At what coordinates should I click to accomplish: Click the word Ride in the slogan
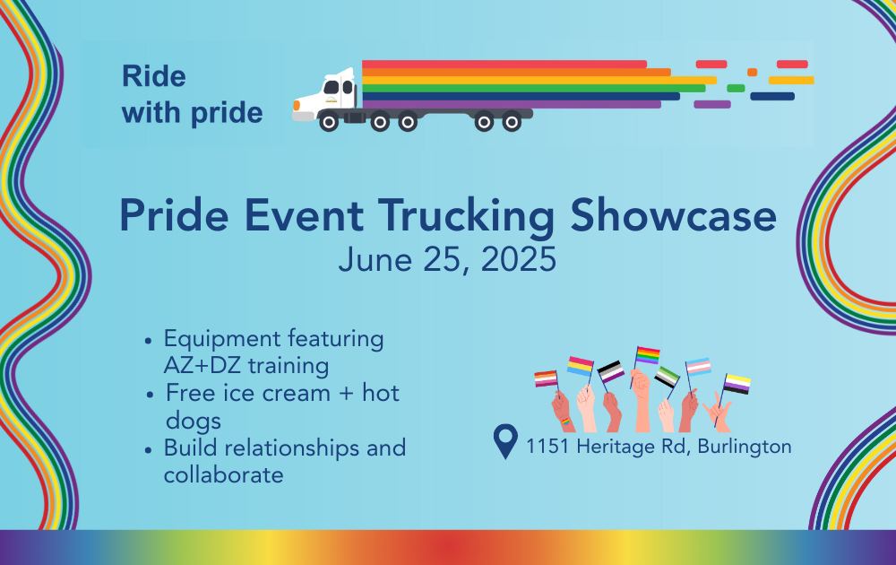[x=154, y=76]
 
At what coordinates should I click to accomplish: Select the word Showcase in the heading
[x=673, y=215]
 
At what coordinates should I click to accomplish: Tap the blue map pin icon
[x=505, y=441]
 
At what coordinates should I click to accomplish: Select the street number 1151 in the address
[x=547, y=446]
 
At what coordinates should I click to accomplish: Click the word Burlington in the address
[x=745, y=447]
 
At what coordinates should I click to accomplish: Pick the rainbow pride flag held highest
[x=648, y=355]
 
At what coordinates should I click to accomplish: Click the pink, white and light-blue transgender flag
[x=698, y=367]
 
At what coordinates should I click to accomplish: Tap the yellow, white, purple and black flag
[x=737, y=384]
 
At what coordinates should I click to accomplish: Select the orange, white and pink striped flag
[x=546, y=378]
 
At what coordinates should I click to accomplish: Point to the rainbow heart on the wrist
[x=565, y=422]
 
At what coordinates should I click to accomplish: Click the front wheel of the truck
[x=329, y=122]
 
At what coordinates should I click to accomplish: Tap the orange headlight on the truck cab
[x=297, y=105]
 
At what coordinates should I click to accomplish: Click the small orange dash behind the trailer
[x=752, y=72]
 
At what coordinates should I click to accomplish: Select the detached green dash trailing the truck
[x=736, y=88]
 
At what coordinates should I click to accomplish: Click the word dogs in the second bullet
[x=194, y=422]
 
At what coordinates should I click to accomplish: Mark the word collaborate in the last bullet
[x=223, y=474]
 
